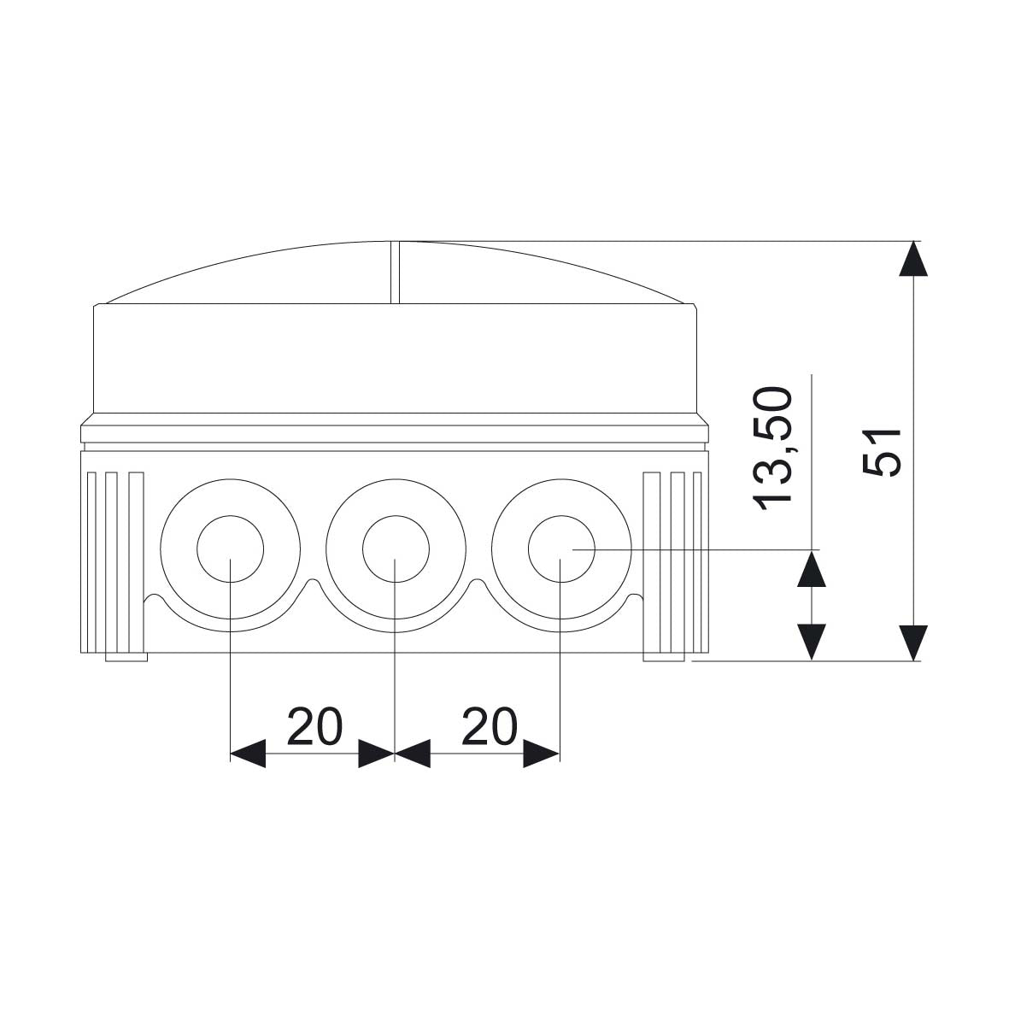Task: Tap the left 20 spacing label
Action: (x=314, y=726)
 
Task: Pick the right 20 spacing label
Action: (x=490, y=726)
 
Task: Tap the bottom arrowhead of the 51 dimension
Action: (x=913, y=642)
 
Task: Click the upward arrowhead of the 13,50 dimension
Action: (x=812, y=568)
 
